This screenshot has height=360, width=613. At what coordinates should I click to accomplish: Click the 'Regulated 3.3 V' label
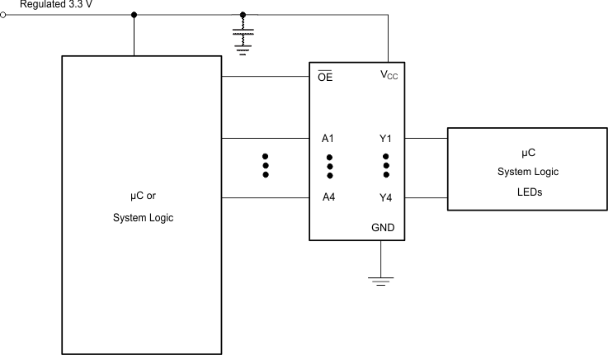click(x=54, y=4)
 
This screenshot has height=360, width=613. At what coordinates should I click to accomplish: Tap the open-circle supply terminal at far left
click(x=4, y=15)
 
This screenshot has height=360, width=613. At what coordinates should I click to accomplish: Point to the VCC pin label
click(x=387, y=76)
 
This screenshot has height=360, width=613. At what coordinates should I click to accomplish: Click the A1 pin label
click(x=328, y=138)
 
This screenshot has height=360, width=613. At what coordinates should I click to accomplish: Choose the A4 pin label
click(x=328, y=198)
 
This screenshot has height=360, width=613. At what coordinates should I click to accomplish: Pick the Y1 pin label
click(x=385, y=138)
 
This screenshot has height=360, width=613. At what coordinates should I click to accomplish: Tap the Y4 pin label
click(x=385, y=198)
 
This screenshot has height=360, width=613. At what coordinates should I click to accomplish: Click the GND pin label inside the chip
click(x=382, y=226)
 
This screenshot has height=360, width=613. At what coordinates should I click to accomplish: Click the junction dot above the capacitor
click(x=242, y=15)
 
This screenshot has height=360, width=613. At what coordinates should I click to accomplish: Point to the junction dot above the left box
click(x=134, y=15)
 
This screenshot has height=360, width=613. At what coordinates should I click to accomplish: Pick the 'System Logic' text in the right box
click(x=528, y=172)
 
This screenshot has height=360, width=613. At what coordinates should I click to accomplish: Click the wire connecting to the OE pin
click(x=265, y=78)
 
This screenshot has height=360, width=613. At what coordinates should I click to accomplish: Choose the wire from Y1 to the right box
click(x=426, y=138)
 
